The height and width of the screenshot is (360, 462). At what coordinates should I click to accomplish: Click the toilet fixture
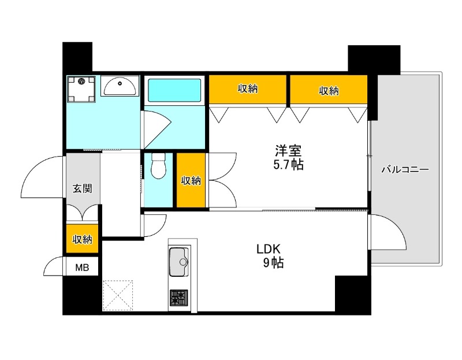click(x=158, y=166)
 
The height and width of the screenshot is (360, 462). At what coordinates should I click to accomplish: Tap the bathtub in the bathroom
click(x=174, y=90)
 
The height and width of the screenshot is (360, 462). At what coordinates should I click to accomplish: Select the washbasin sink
click(x=120, y=86)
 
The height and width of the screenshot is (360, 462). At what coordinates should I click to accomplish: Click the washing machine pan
click(x=81, y=90)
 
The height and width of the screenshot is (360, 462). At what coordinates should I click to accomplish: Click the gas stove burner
click(x=178, y=298)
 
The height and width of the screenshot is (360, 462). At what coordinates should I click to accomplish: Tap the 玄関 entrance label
click(x=83, y=188)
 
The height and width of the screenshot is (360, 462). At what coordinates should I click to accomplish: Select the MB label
click(x=82, y=268)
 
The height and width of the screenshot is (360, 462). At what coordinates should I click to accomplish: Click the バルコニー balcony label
click(x=405, y=170)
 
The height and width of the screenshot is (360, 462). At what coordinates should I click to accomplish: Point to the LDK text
click(x=269, y=250)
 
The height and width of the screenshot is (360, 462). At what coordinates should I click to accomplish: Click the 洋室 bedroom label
click(x=288, y=151)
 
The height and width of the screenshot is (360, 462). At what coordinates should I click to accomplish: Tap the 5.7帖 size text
click(x=288, y=165)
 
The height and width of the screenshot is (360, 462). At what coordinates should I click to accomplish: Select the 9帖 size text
click(x=273, y=263)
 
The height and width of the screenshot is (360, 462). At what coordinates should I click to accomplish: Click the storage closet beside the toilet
click(x=191, y=180)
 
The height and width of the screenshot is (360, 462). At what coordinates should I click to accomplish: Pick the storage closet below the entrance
click(x=82, y=239)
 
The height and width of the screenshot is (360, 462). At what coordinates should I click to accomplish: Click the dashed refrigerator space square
click(x=118, y=295)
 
